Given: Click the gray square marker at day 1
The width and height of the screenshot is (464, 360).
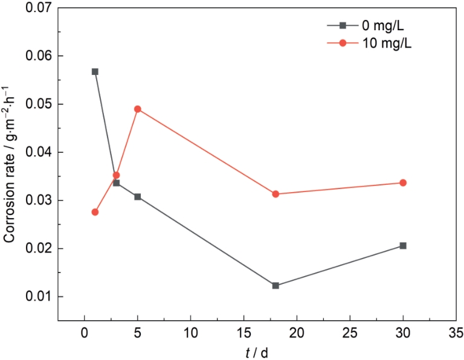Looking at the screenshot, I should point(95,71).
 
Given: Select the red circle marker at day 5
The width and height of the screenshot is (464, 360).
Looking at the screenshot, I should point(138,109).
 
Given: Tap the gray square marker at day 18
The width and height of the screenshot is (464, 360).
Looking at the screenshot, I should point(275,285).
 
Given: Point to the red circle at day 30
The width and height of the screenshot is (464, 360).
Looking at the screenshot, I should point(403,182).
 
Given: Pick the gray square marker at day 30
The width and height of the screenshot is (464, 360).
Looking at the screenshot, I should point(403,246).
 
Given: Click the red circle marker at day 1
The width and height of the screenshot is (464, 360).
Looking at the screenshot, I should point(95,212).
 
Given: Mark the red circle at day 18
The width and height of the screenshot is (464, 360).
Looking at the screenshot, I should point(275,194).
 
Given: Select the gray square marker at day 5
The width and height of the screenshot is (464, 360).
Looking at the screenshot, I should point(138,196).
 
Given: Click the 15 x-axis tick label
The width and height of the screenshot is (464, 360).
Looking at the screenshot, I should point(243,333).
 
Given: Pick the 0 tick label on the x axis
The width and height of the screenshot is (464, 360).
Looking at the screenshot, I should point(85,333).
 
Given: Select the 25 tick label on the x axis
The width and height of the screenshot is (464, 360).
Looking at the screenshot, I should point(350,333).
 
